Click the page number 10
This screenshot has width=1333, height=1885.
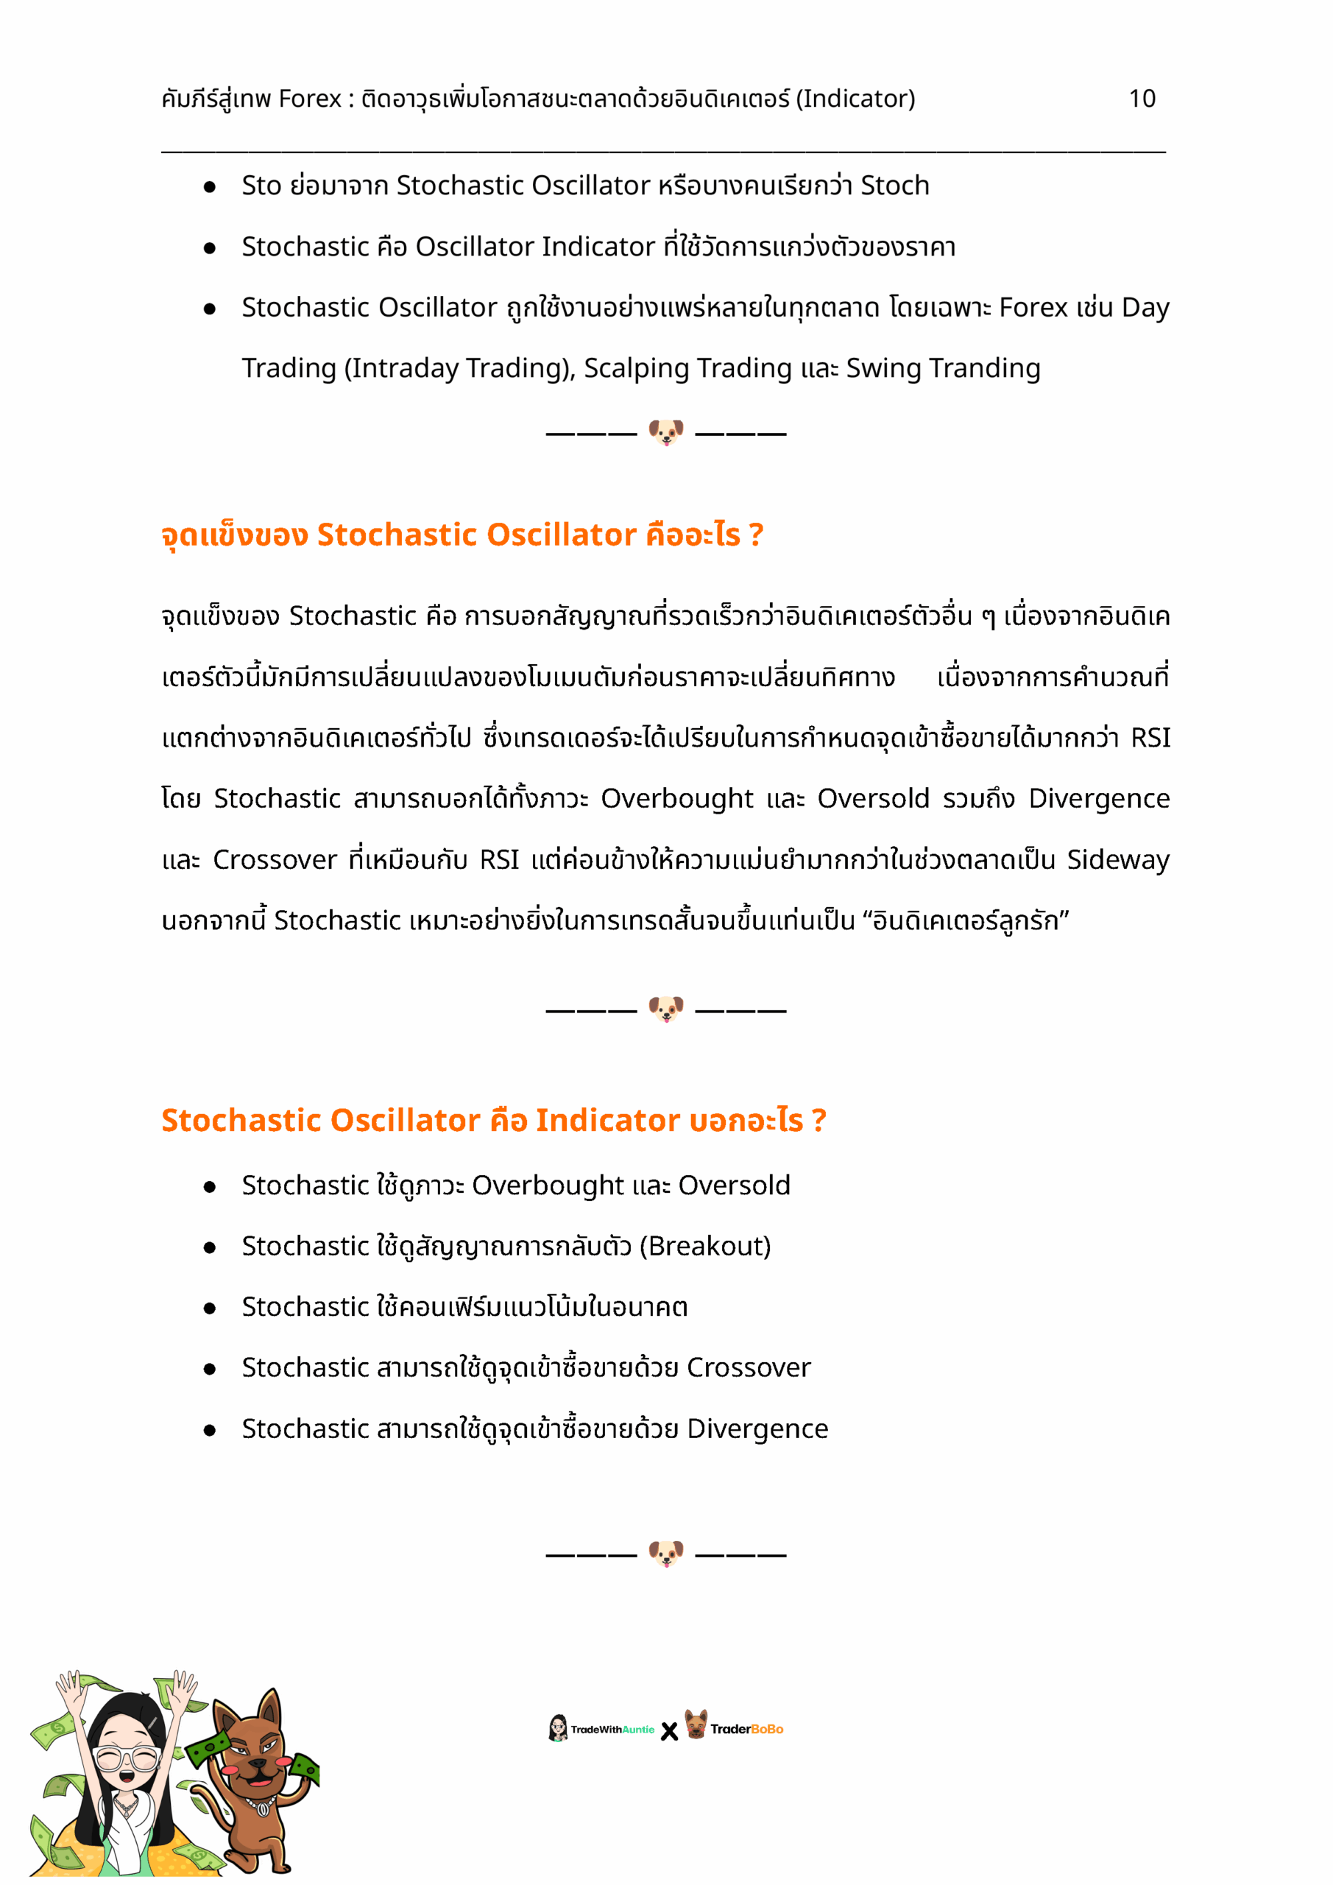[x=1141, y=99]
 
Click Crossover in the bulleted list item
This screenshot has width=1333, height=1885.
[x=748, y=1368]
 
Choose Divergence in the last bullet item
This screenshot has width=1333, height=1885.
[x=757, y=1428]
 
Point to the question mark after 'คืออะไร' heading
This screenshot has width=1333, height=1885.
[x=755, y=535]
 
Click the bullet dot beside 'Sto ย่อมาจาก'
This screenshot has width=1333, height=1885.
[x=209, y=187]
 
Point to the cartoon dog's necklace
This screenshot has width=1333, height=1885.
[x=261, y=1803]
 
